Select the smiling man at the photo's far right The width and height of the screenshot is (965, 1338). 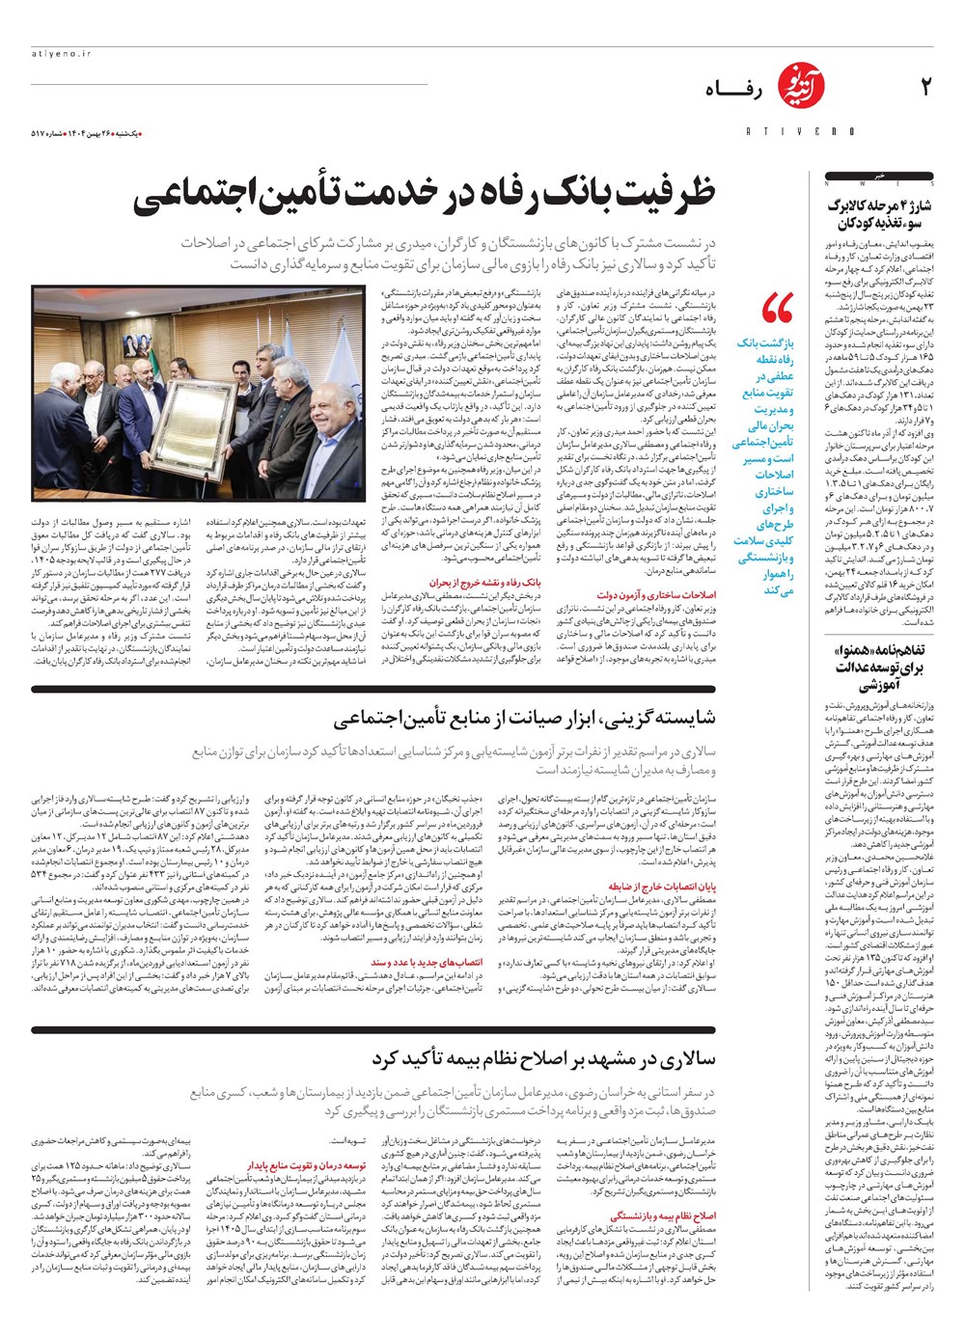click(x=334, y=424)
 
